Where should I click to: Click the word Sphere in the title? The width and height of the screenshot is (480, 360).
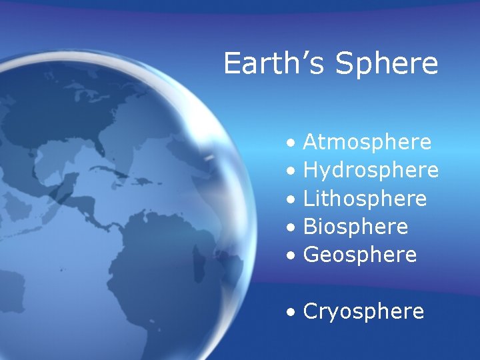pos(387,64)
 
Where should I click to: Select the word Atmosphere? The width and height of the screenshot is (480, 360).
pos(367,142)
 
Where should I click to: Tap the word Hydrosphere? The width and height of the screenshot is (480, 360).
pos(371,171)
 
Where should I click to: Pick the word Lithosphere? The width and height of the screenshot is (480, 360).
pos(365,199)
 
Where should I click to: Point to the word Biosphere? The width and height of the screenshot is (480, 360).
pos(355,227)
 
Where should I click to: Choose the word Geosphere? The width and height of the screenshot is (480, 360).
pos(360,255)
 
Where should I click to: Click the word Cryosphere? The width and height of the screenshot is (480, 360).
pos(363,311)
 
